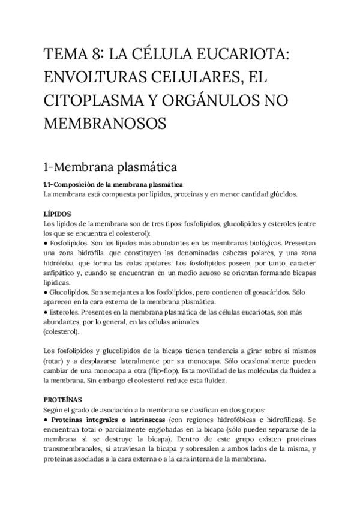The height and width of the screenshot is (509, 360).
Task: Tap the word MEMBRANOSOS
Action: (x=104, y=122)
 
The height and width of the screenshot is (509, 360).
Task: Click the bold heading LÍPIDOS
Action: (x=58, y=213)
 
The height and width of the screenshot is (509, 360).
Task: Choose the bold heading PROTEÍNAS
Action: (x=64, y=399)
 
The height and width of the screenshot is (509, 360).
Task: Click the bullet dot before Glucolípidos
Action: (x=46, y=292)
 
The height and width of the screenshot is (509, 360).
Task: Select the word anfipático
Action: (x=59, y=272)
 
